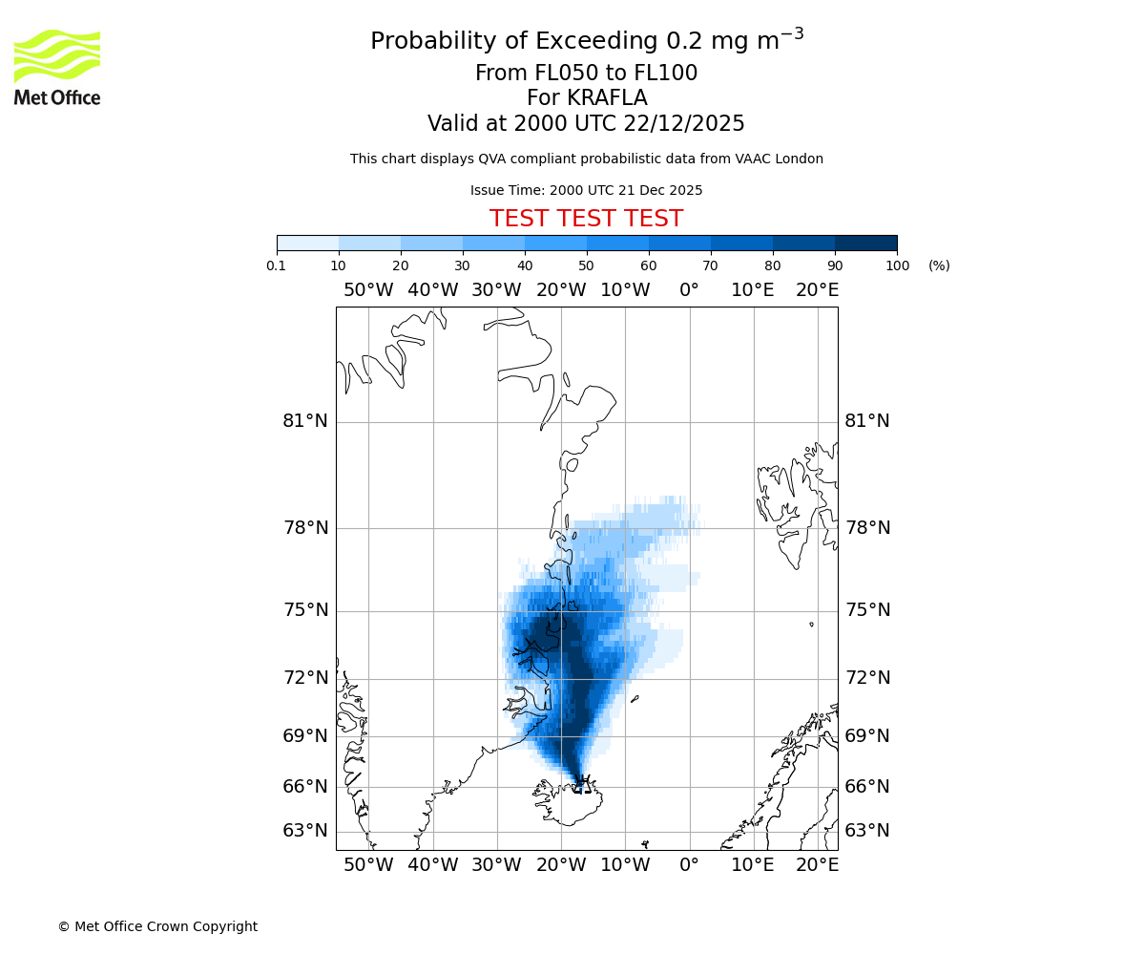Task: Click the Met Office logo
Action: point(57,67)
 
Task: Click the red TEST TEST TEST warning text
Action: point(586,219)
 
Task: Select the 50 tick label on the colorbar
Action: point(586,265)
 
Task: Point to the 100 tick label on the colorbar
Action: point(897,265)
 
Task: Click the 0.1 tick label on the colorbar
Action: point(277,265)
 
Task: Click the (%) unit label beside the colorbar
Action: point(939,265)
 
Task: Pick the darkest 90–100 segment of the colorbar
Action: point(865,243)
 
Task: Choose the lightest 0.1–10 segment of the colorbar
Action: point(308,243)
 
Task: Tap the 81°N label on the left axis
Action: point(305,421)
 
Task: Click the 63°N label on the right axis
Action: point(866,831)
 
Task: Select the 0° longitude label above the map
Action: point(689,290)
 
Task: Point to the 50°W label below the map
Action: point(368,865)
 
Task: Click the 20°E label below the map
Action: point(817,865)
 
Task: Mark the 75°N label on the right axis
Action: point(866,610)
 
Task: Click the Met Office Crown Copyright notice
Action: point(157,926)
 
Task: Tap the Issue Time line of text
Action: point(586,190)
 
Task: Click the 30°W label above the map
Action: point(496,290)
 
